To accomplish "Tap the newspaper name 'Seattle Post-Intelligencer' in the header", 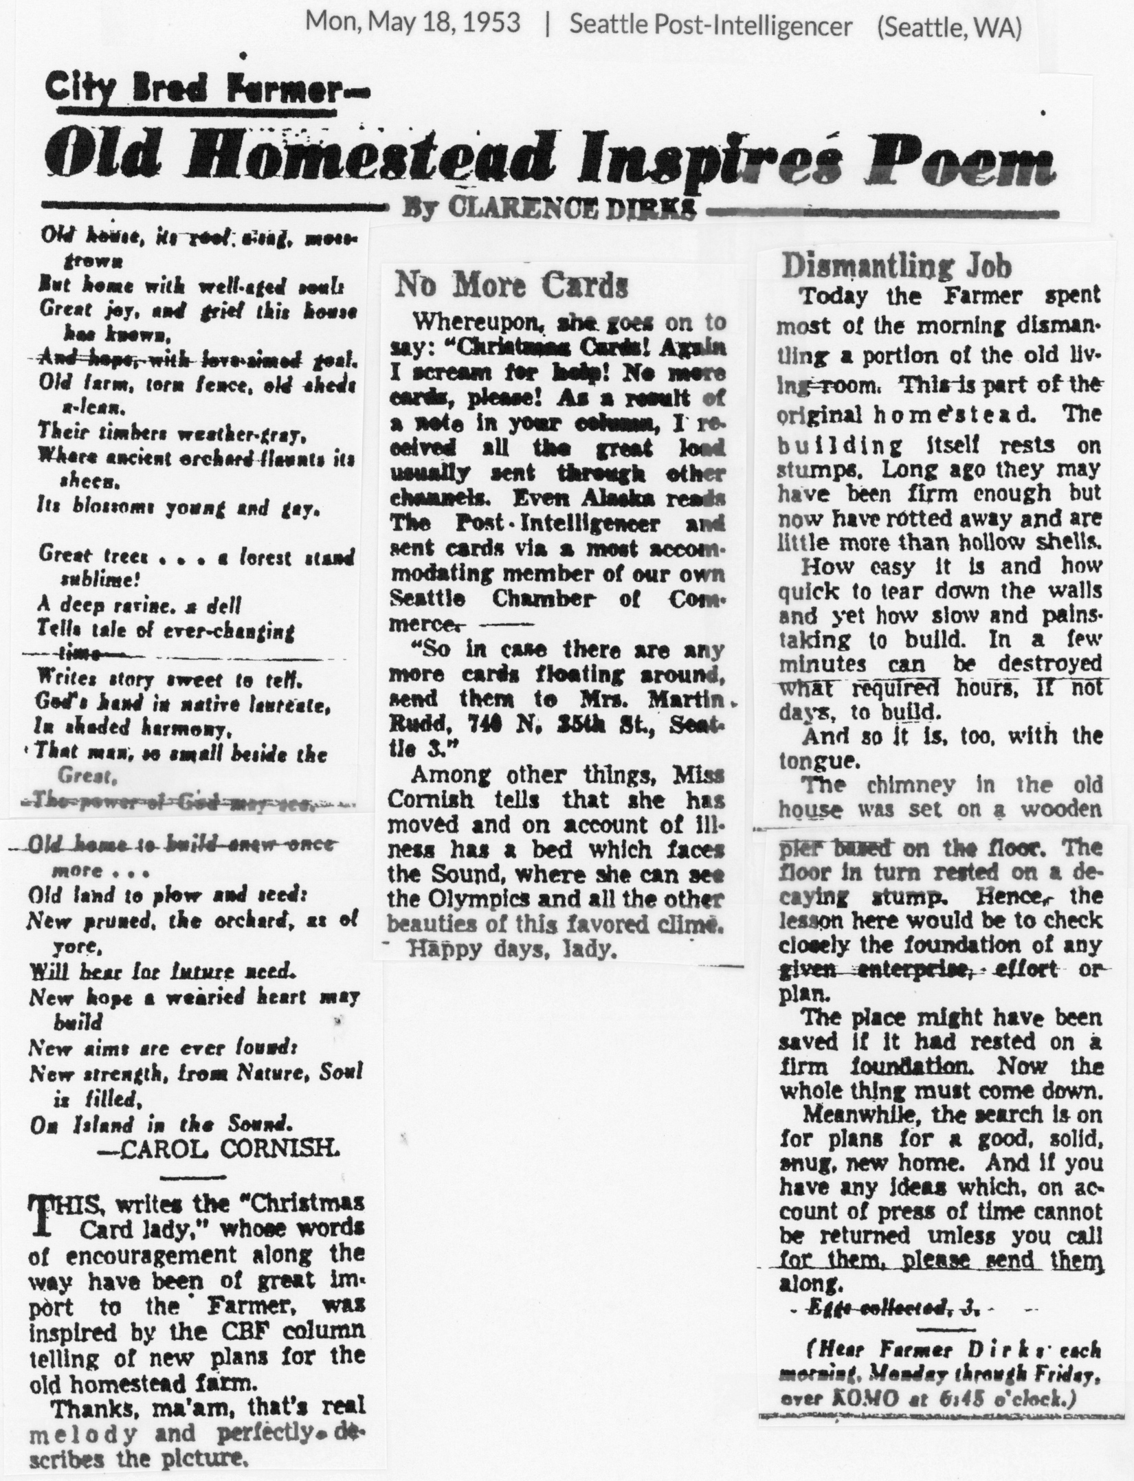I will click(711, 25).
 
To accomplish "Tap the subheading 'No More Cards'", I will click(511, 285).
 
